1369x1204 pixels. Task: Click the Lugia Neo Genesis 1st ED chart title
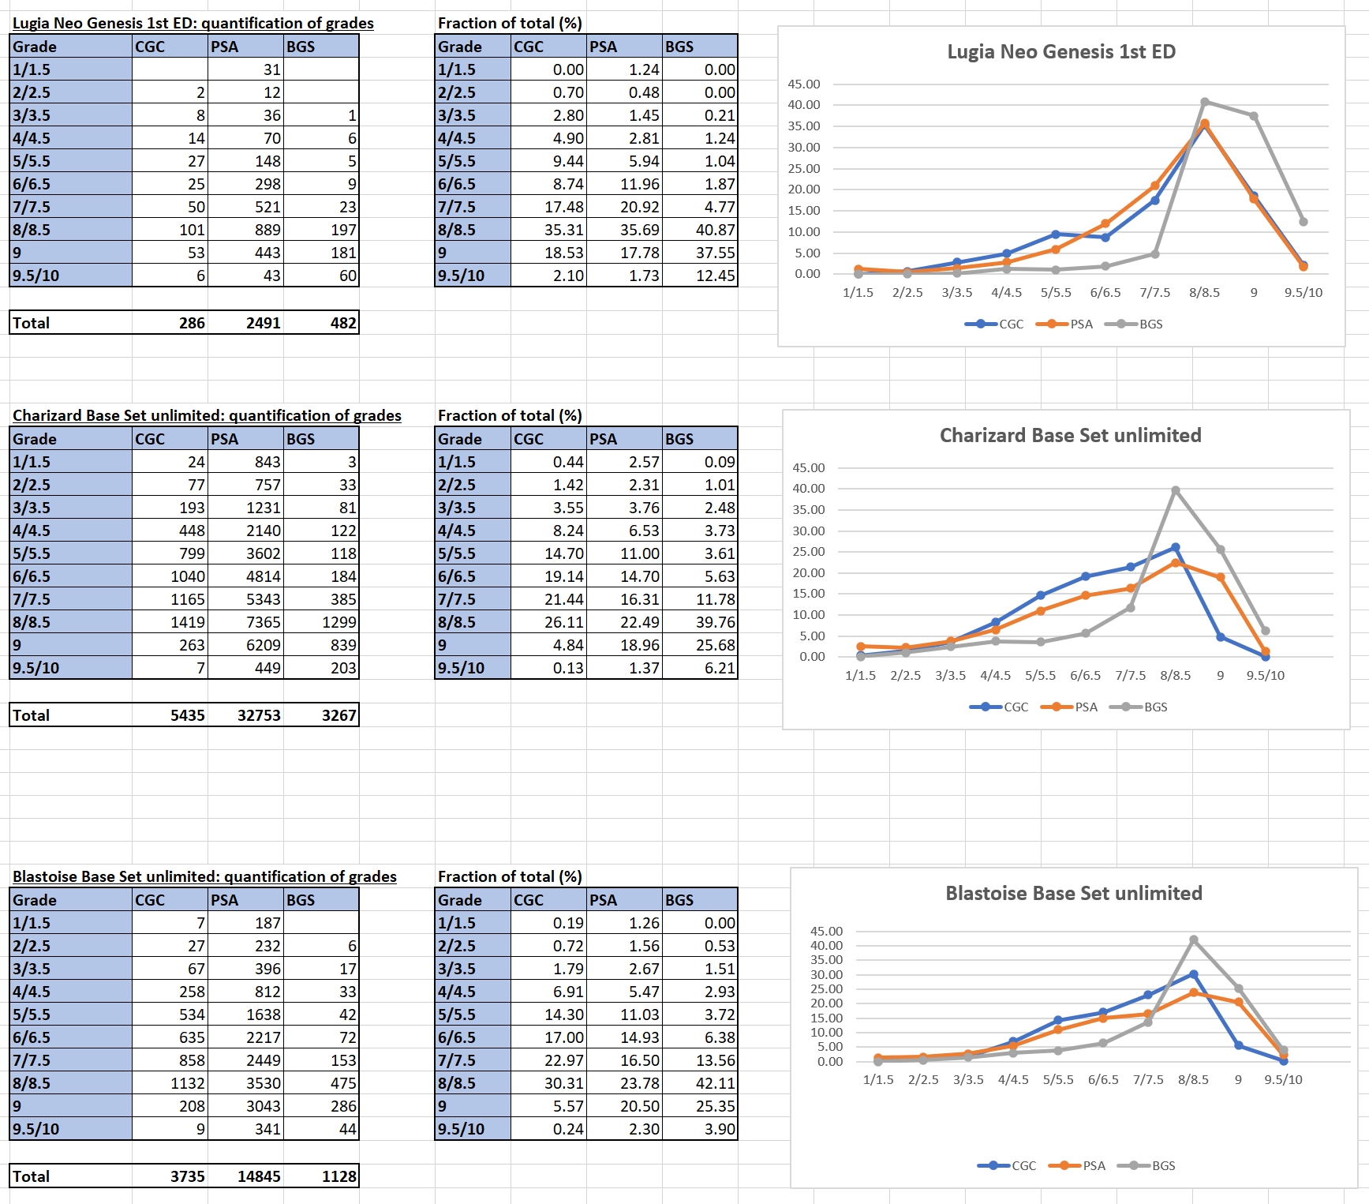pyautogui.click(x=1060, y=52)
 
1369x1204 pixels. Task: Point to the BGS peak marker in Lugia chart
pyautogui.click(x=1204, y=102)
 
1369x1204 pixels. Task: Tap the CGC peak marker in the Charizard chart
pyautogui.click(x=1175, y=547)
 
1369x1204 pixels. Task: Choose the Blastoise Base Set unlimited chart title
pyautogui.click(x=1073, y=894)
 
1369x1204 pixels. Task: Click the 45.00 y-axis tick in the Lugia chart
pyautogui.click(x=804, y=84)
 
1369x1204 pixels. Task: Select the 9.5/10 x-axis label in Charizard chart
pyautogui.click(x=1265, y=676)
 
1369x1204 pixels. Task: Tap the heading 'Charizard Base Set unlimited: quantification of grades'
pyautogui.click(x=207, y=416)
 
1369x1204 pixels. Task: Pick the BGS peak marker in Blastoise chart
pyautogui.click(x=1193, y=940)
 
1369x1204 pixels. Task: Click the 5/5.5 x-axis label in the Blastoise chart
pyautogui.click(x=1057, y=1080)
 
